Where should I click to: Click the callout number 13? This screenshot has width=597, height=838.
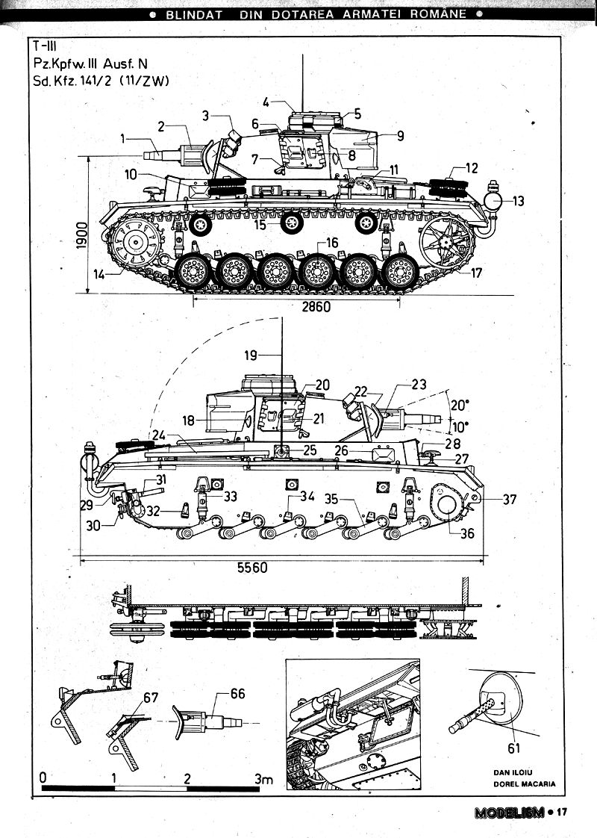(x=518, y=200)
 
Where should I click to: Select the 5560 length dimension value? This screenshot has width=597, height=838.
(x=252, y=567)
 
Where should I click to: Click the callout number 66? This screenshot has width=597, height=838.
(x=237, y=694)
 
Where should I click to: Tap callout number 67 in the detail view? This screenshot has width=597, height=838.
(x=151, y=698)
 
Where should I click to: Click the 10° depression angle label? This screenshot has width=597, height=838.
(x=460, y=426)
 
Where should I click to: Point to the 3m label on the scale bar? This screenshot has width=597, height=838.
(x=263, y=778)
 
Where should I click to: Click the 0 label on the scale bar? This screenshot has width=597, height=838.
(x=43, y=777)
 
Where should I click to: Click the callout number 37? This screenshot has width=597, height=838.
(x=510, y=500)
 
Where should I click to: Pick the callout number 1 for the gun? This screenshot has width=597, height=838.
(x=124, y=138)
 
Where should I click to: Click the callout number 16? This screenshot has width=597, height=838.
(x=331, y=242)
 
